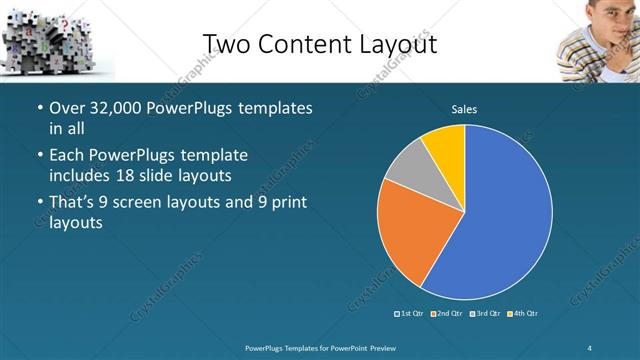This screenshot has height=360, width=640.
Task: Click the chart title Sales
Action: coord(465,109)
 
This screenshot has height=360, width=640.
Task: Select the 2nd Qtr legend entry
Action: coord(449,314)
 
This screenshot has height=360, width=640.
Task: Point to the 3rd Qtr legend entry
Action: coord(485,314)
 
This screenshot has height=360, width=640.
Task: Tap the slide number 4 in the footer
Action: coord(591,347)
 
